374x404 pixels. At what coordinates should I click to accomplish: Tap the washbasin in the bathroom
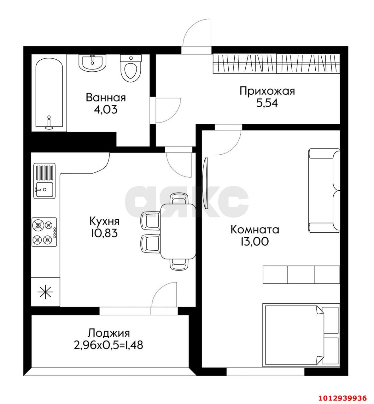click(x=93, y=63)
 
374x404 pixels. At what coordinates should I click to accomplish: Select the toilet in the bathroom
click(x=131, y=68)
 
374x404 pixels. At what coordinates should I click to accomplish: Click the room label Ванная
click(x=106, y=98)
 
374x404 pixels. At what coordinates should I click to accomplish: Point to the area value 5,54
click(x=267, y=103)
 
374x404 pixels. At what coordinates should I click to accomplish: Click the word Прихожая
click(x=267, y=91)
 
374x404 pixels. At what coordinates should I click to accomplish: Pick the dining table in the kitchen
click(x=178, y=231)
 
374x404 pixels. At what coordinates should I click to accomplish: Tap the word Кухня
click(x=104, y=221)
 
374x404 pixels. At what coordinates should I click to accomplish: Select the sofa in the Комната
click(x=324, y=191)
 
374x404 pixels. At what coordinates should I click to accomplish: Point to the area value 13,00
click(x=255, y=241)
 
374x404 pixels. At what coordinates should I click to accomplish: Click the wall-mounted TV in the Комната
click(x=206, y=183)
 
